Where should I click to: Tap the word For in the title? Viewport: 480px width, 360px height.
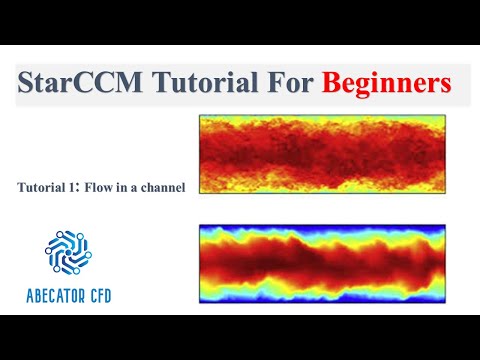(275, 84)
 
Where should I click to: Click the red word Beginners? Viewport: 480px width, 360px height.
(386, 84)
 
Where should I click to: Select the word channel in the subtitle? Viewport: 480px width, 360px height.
(162, 187)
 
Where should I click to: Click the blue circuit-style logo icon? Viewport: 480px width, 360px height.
(68, 250)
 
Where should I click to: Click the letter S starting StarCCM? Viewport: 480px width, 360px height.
(26, 84)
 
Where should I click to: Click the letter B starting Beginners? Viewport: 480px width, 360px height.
(331, 84)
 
